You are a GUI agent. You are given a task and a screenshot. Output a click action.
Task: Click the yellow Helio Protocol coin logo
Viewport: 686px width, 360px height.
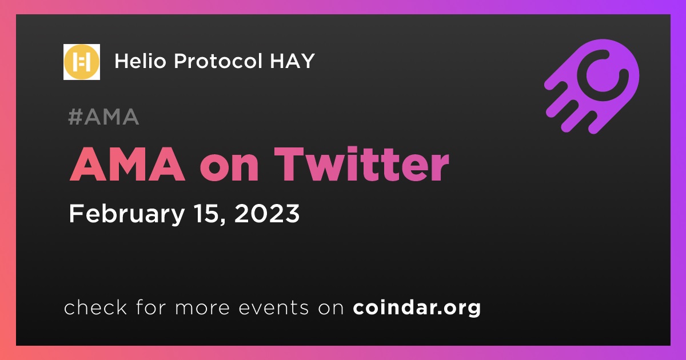click(x=81, y=62)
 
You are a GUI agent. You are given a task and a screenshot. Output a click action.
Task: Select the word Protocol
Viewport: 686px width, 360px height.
click(x=218, y=61)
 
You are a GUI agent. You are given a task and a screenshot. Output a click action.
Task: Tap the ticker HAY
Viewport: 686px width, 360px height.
click(x=293, y=61)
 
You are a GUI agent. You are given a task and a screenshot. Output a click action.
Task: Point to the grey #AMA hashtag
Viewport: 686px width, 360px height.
click(x=103, y=117)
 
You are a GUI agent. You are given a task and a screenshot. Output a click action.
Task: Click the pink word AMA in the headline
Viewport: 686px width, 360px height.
click(x=127, y=165)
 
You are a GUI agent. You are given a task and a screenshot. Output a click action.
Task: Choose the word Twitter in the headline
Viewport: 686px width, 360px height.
click(x=361, y=165)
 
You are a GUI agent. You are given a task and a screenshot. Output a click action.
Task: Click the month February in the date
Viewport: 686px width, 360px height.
click(x=127, y=215)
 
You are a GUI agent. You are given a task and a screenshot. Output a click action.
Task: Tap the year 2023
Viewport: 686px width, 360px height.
click(x=267, y=213)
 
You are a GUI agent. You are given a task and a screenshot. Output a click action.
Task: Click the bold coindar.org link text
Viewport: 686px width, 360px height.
click(x=417, y=308)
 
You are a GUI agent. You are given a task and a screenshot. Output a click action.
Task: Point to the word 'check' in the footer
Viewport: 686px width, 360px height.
click(x=95, y=307)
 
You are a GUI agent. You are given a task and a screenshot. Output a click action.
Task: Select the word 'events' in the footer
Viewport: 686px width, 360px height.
click(x=273, y=308)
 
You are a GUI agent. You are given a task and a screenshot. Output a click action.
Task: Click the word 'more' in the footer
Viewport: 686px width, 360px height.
click(x=202, y=309)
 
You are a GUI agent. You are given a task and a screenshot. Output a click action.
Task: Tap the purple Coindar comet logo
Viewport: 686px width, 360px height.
click(x=592, y=87)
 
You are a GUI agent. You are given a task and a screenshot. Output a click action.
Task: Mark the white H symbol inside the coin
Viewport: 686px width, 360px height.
click(x=82, y=62)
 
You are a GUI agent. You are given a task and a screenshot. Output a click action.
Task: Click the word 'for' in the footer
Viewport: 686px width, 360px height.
click(x=151, y=307)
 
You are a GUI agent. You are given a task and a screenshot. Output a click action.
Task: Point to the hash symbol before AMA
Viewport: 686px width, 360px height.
click(x=75, y=117)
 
